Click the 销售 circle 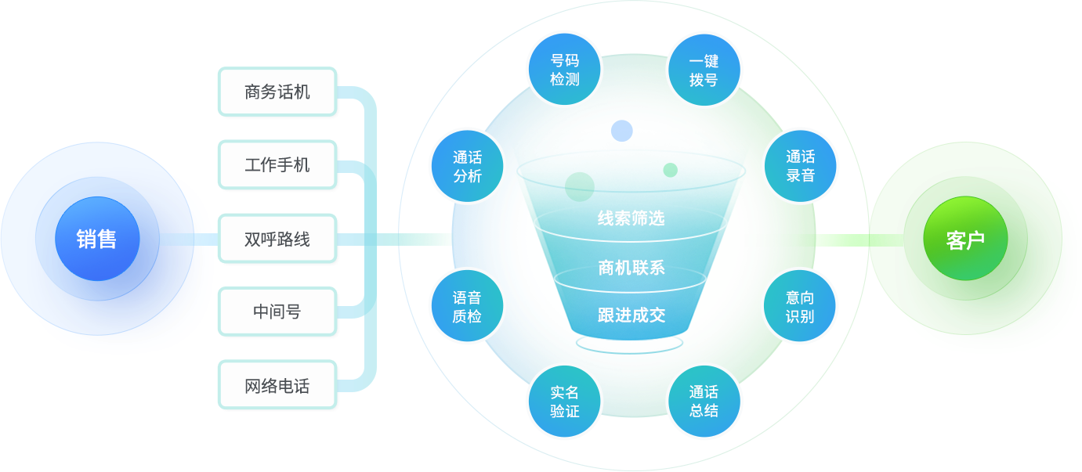(x=96, y=239)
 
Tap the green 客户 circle (x=964, y=240)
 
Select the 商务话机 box (x=278, y=92)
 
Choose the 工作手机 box (x=278, y=165)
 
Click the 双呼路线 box (x=278, y=239)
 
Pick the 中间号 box (x=278, y=312)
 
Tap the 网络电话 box (x=278, y=385)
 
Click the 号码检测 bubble (x=564, y=70)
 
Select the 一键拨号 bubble (x=703, y=70)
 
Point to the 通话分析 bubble (x=467, y=166)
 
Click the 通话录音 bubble (x=800, y=166)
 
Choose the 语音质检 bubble (x=467, y=306)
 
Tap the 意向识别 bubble (x=800, y=306)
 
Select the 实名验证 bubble (x=564, y=401)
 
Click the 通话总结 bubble (x=703, y=401)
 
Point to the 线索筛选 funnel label (x=631, y=218)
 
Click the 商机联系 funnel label (x=631, y=268)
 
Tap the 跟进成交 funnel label (x=631, y=315)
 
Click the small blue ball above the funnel (x=621, y=131)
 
